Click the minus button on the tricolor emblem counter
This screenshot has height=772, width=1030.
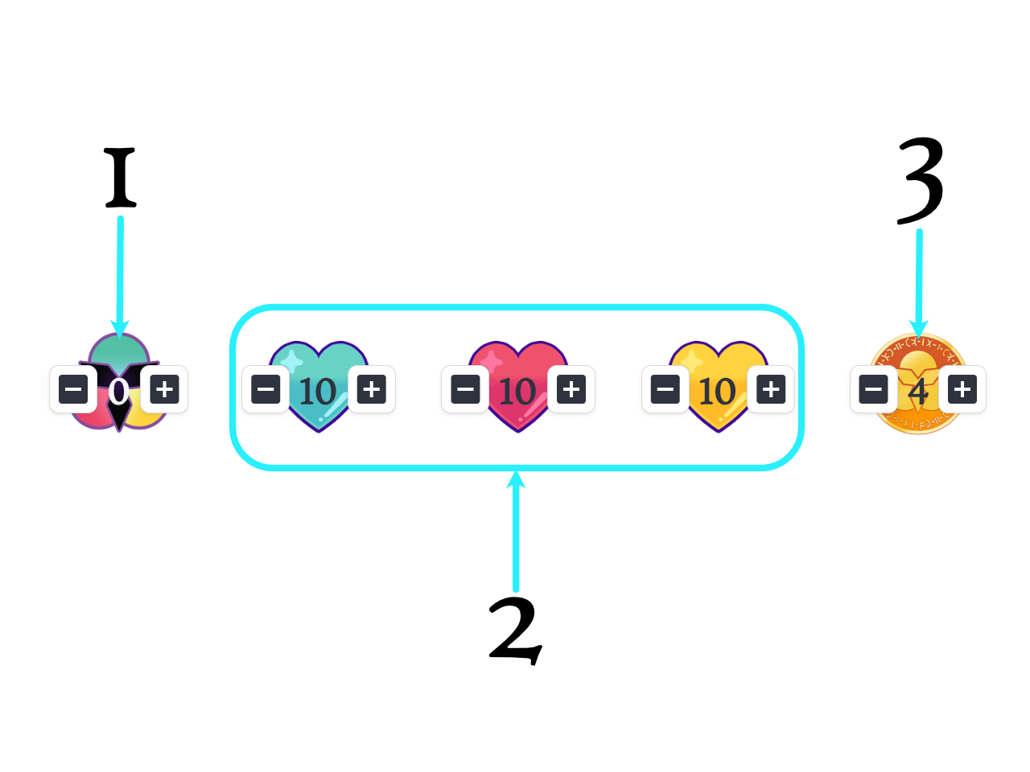click(73, 390)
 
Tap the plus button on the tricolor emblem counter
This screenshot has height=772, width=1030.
click(165, 390)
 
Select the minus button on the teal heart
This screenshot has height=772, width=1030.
click(266, 390)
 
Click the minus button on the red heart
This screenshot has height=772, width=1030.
click(466, 390)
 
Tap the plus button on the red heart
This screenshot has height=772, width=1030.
click(571, 390)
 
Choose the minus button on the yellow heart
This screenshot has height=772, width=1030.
click(665, 390)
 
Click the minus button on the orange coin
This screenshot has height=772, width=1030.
click(874, 390)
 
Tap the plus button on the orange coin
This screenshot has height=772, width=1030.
click(962, 390)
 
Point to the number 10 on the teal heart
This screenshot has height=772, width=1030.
click(317, 392)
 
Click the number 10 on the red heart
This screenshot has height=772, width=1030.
click(517, 392)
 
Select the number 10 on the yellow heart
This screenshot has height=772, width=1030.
click(717, 392)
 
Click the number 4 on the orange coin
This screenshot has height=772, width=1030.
click(918, 392)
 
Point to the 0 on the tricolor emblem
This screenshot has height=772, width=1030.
click(119, 392)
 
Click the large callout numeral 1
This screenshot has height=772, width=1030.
click(121, 177)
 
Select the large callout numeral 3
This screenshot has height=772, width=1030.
click(921, 181)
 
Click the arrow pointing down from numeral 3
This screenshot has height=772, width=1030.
click(919, 281)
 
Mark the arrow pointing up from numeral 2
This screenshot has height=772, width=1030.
click(516, 531)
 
